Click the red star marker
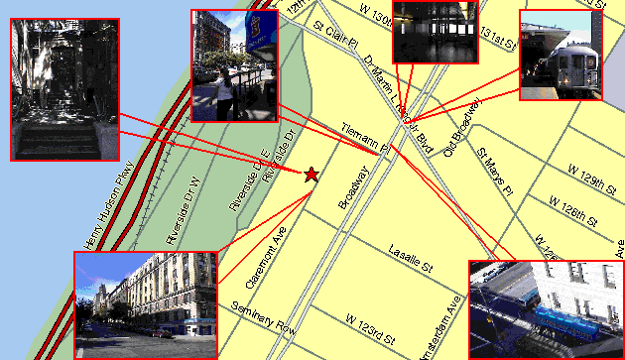(312, 175)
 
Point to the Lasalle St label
(412, 260)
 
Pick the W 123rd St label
(371, 323)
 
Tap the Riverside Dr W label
(184, 211)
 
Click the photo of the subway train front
(559, 56)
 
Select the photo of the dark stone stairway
(64, 89)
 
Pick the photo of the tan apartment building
(145, 304)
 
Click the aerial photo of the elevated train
(545, 308)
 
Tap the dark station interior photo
(433, 32)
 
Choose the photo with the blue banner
(234, 64)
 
